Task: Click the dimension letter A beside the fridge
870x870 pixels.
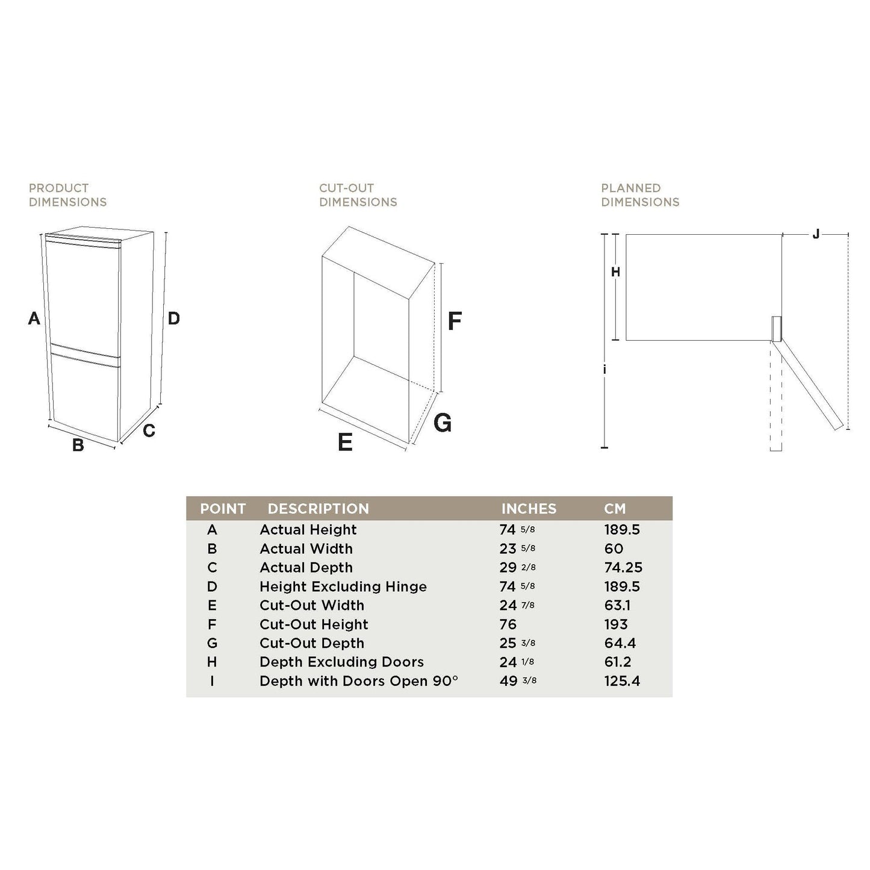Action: (34, 318)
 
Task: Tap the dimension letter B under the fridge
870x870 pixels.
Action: (78, 446)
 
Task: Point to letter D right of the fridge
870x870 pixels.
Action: (173, 318)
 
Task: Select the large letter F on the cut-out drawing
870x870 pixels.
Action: (455, 321)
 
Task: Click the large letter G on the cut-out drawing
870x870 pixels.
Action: (443, 423)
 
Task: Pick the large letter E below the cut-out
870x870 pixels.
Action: (345, 443)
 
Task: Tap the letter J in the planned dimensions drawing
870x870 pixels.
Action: (816, 234)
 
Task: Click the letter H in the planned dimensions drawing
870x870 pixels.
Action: (615, 272)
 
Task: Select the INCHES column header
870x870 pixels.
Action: (529, 509)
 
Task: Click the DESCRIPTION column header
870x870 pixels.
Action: (318, 509)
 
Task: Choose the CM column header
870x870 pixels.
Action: (615, 509)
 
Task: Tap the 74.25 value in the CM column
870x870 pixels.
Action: (623, 568)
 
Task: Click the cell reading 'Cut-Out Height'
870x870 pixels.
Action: (314, 624)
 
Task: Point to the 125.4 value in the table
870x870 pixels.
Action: (622, 681)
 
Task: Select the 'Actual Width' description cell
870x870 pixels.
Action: (306, 548)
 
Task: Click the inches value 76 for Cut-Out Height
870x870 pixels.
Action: (508, 624)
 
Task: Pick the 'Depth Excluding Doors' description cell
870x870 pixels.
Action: (341, 662)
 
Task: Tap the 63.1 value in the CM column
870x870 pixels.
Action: (617, 605)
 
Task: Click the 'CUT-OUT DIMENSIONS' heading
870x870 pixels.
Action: (358, 195)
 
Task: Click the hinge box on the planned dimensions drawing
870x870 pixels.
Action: (775, 329)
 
